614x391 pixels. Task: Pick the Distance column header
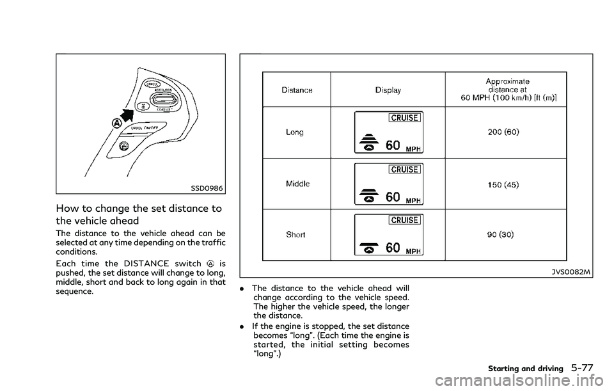(x=297, y=90)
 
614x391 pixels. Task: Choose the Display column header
(x=388, y=90)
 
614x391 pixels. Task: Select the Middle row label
(x=297, y=184)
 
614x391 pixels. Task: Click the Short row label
(x=296, y=234)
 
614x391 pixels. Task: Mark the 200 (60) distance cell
(x=503, y=132)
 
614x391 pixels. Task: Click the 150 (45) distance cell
(x=503, y=184)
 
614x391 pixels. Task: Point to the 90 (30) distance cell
(x=503, y=235)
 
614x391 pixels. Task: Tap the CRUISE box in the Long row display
(x=404, y=119)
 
